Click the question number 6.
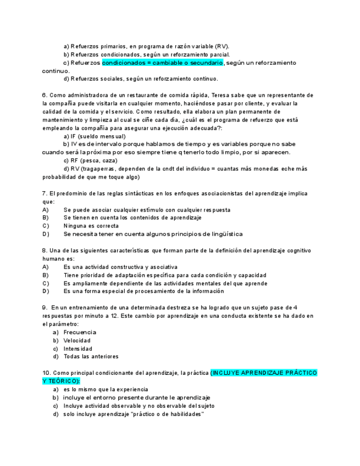click(x=45, y=95)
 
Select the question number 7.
click(x=45, y=193)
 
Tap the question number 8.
click(x=45, y=251)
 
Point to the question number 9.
click(x=45, y=308)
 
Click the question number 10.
click(x=46, y=373)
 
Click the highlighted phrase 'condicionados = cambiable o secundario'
click(x=163, y=63)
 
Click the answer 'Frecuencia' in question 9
click(x=80, y=332)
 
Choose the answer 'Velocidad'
click(x=77, y=341)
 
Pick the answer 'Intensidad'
click(x=78, y=349)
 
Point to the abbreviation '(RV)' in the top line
click(x=219, y=46)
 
